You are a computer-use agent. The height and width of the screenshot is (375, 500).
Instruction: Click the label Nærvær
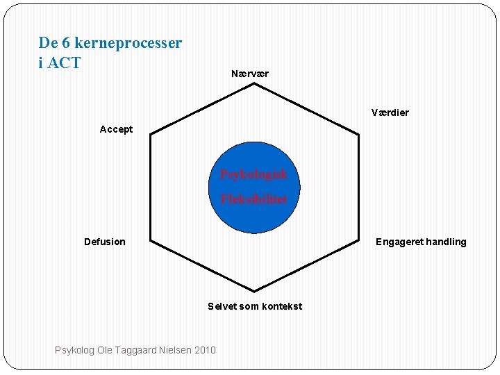point(250,74)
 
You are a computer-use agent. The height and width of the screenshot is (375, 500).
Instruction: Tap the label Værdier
point(390,112)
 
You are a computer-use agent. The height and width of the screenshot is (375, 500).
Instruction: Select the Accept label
point(116,129)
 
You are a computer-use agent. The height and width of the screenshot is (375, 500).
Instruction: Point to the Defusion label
point(105,242)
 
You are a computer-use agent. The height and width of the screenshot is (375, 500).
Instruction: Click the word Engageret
point(399,242)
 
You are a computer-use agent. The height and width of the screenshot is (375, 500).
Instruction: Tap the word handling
point(445,242)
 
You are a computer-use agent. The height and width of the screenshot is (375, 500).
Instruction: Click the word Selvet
point(222,306)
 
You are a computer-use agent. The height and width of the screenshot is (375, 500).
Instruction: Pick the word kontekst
point(281,306)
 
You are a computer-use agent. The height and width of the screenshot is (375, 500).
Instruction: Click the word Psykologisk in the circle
point(253,174)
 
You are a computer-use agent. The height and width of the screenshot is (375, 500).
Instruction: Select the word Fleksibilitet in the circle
point(253,199)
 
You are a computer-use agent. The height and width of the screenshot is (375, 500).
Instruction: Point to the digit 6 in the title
point(66,43)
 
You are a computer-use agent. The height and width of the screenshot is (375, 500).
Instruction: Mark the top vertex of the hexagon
point(254,84)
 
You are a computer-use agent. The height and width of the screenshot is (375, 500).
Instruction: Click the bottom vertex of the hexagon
point(254,291)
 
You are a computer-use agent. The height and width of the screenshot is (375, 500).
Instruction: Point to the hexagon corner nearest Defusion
point(151,241)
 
